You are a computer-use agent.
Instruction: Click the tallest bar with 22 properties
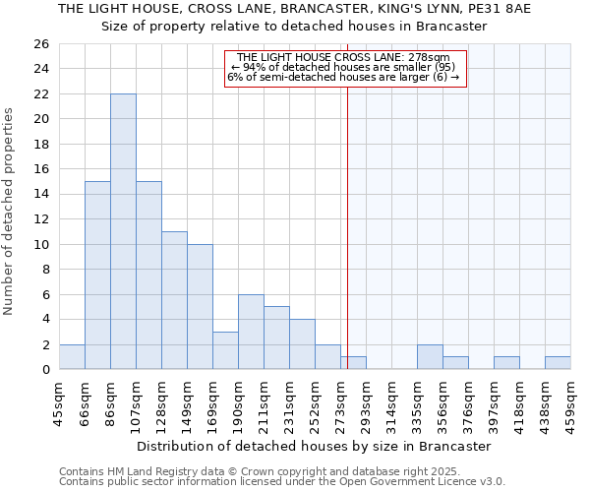(123, 231)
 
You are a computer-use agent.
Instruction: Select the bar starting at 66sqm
(97, 276)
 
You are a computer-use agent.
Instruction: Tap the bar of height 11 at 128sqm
(174, 300)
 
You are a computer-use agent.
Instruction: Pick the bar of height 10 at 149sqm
(200, 307)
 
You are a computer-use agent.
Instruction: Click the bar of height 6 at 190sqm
(251, 332)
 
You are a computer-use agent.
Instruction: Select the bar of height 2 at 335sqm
(430, 357)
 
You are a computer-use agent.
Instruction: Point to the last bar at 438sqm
(558, 363)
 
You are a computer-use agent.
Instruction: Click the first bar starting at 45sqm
(72, 357)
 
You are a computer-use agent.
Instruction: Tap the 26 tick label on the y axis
(41, 44)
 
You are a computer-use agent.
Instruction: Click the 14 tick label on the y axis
(41, 195)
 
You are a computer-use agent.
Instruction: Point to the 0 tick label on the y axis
(45, 370)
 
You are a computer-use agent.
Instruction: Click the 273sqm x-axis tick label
(341, 401)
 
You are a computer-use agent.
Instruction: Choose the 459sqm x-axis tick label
(571, 401)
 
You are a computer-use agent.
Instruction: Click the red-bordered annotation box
(343, 68)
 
